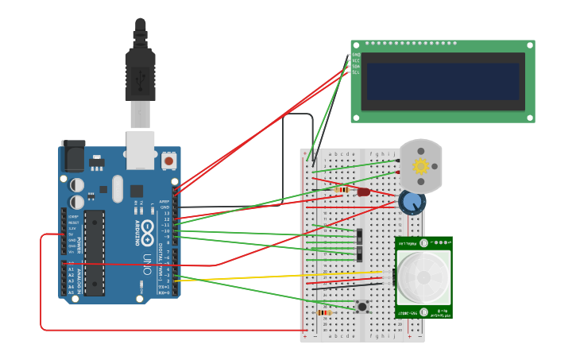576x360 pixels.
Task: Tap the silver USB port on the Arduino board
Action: coord(141,150)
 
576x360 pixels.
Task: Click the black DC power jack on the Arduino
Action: coord(73,156)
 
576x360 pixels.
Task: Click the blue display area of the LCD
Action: coord(443,82)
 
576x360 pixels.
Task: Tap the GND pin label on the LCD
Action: coord(356,55)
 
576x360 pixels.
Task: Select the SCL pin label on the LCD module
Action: coord(356,72)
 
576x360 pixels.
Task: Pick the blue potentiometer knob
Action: coord(412,202)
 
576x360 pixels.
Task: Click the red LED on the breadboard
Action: coord(364,192)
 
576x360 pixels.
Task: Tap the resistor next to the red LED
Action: coord(342,190)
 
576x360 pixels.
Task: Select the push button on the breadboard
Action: coord(362,306)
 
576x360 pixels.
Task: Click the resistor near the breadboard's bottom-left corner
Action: coord(324,312)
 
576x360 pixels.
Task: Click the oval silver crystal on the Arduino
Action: coord(118,188)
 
